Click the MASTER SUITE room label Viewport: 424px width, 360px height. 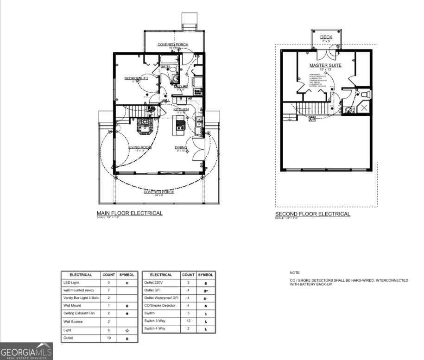325,65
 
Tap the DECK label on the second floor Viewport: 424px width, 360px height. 326,37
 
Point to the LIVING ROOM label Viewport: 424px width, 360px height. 140,147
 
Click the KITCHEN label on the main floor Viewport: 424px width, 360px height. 181,109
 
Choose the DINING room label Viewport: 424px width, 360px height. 181,147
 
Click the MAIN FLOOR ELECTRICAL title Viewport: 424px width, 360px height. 129,213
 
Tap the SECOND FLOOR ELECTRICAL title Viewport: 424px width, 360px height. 313,214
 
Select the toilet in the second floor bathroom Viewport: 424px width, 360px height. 364,95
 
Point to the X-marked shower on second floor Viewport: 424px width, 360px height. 365,108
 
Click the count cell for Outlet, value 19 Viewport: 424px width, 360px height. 108,338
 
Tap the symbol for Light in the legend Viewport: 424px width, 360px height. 127,330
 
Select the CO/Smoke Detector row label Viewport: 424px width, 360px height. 160,305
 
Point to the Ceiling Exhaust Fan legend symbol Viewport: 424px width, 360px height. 127,314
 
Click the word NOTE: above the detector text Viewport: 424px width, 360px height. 295,273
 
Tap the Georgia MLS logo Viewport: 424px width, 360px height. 26,351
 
